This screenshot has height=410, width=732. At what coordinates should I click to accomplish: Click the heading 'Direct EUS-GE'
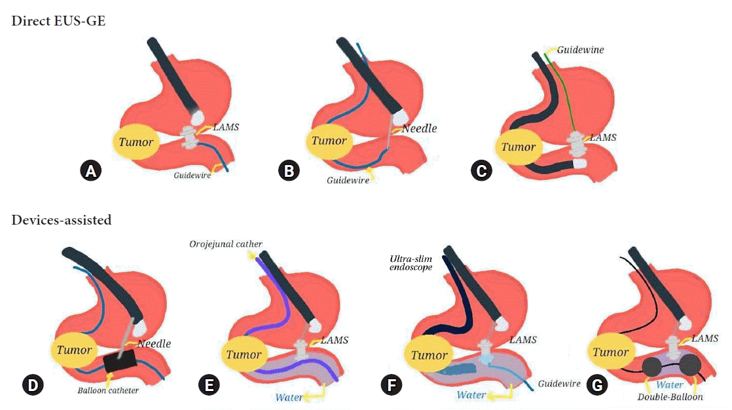[58, 21]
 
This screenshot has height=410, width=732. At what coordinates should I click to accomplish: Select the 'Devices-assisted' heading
[62, 220]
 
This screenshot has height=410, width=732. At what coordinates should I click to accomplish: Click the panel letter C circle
[481, 171]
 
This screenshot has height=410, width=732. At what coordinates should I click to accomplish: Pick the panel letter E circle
[210, 385]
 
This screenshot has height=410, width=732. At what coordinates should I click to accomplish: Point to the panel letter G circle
[596, 385]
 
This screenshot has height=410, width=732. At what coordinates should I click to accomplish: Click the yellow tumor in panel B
[329, 141]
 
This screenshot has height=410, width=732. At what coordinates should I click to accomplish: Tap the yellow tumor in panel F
[429, 356]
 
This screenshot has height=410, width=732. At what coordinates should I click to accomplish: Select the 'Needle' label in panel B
[419, 128]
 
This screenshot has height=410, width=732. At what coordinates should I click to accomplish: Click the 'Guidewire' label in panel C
[581, 49]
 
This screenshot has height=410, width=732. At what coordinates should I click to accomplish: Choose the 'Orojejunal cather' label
[226, 245]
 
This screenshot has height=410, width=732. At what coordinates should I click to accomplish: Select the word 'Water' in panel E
[289, 397]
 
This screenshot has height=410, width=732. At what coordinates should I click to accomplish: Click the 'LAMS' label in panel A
[226, 127]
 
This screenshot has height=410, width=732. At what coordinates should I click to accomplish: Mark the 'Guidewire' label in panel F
[558, 384]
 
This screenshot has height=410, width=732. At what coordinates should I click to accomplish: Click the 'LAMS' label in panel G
[705, 338]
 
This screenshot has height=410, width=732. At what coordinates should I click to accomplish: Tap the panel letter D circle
[31, 385]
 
